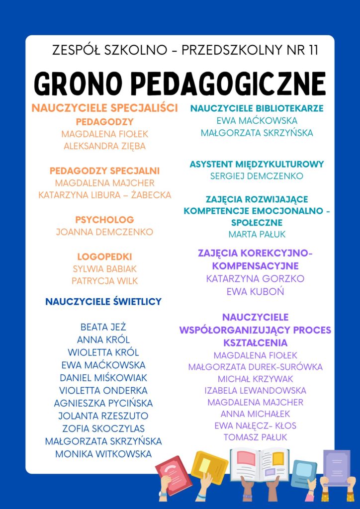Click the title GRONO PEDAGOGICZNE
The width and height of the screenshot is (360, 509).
(180, 83)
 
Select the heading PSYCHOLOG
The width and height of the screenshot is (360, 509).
(104, 219)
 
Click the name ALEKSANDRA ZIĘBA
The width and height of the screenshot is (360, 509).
(104, 146)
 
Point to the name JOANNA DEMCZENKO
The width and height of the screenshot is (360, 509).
(104, 232)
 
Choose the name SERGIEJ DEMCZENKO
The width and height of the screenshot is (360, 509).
(257, 176)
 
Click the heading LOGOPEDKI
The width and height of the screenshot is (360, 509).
(104, 256)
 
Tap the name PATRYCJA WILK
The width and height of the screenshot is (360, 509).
(104, 281)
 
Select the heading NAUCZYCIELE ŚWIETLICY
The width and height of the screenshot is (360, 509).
(103, 301)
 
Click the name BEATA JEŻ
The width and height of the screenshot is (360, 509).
(103, 327)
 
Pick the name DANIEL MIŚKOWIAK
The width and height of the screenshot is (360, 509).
(103, 378)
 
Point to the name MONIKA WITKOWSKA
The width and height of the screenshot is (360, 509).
(103, 454)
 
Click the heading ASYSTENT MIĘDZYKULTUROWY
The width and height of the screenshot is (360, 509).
(257, 164)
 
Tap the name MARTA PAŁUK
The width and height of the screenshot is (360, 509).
(257, 234)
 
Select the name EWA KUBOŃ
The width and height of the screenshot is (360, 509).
(256, 291)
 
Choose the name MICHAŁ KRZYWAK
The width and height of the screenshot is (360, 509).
(256, 379)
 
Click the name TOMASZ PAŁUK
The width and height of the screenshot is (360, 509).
(256, 437)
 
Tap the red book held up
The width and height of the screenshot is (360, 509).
(173, 475)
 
